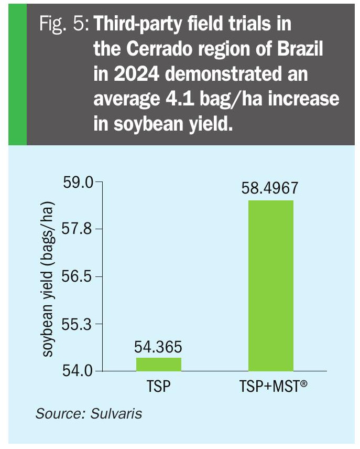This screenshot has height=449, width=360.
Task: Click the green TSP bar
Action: click(159, 364)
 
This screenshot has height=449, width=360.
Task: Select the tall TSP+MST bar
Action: click(271, 286)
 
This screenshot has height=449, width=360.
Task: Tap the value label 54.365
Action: click(158, 347)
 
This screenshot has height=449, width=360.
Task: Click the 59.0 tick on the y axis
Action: click(78, 183)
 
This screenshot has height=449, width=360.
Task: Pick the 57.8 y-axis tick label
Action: click(78, 229)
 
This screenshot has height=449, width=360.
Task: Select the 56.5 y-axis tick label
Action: click(78, 276)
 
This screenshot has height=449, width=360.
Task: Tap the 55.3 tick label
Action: click(78, 324)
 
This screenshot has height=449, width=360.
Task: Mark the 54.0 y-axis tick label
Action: click(78, 371)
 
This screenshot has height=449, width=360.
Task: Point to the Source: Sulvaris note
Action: click(89, 413)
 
